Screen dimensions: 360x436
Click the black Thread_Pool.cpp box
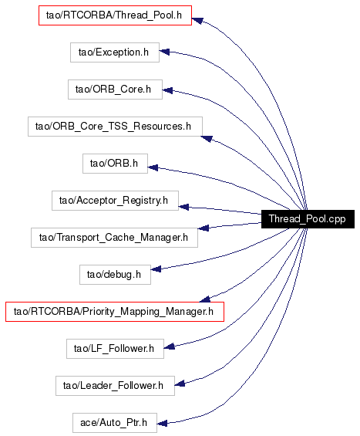pos(308,219)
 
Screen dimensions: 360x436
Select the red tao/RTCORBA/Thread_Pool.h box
pos(115,15)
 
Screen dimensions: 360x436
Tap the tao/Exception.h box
pos(115,52)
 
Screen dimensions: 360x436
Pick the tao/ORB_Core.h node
pos(115,90)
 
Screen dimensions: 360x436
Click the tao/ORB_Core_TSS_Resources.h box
pos(115,127)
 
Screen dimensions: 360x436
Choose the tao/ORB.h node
pos(115,164)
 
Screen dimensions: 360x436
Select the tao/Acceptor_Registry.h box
pos(115,201)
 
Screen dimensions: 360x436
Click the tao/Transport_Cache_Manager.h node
pos(114,238)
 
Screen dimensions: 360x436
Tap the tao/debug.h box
pos(115,275)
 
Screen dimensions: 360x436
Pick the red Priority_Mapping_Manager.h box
pos(115,312)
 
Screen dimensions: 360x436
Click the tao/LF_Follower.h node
pos(115,349)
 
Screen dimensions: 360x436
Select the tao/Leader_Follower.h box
pos(115,386)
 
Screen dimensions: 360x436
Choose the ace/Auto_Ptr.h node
pos(115,423)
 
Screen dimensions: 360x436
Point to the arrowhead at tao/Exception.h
pos(164,52)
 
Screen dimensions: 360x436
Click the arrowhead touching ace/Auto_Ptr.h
pos(162,424)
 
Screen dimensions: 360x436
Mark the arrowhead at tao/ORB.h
pos(153,167)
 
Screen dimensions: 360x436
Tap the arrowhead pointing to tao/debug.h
pos(156,269)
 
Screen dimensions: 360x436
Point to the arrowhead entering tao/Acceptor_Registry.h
pos(183,207)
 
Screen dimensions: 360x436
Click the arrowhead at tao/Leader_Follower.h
pos(180,384)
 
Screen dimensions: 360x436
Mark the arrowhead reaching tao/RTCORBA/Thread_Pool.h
pos(197,21)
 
